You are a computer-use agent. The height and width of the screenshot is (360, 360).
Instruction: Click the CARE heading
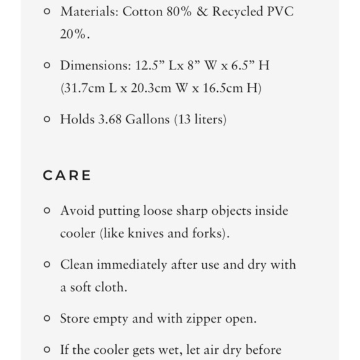pos(67,176)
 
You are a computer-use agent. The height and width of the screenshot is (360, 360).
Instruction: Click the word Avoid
pos(75,210)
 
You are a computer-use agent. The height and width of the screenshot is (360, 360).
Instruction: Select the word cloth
pos(112,287)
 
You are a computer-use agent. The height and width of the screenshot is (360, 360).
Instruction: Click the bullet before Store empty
pos(47,318)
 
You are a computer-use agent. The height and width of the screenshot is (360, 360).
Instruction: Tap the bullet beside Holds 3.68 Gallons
pos(47,119)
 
